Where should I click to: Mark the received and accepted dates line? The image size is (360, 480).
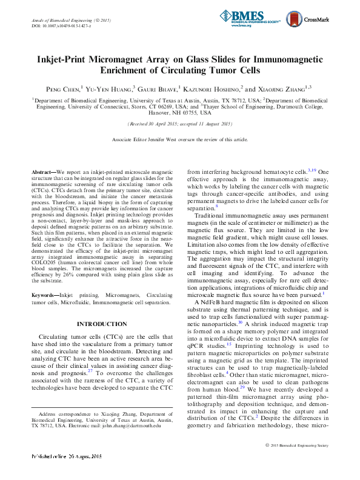[180, 124]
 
